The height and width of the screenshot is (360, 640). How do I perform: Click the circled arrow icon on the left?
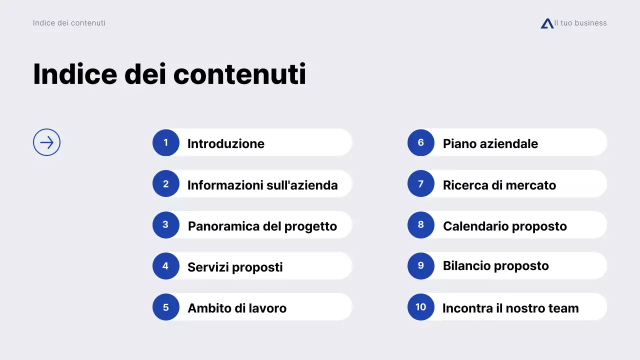[x=46, y=142]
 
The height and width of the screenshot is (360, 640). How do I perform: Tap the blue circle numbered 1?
[x=166, y=142]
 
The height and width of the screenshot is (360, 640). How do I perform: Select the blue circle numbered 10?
[x=421, y=307]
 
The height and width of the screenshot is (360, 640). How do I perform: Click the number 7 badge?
[x=421, y=184]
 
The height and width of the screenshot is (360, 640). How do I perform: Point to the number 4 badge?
[x=166, y=266]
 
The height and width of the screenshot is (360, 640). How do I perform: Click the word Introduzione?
[x=226, y=144]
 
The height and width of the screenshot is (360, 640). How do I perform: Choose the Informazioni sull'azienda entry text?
[x=262, y=185]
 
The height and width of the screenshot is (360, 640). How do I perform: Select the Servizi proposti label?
[x=235, y=267]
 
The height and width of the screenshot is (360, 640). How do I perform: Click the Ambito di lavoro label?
[x=237, y=308]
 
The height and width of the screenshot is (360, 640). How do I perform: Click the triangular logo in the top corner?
[x=547, y=23]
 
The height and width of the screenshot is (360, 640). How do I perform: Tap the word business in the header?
[x=590, y=23]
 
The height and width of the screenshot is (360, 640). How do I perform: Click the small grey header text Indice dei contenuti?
[x=69, y=23]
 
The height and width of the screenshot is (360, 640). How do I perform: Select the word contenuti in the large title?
[x=239, y=74]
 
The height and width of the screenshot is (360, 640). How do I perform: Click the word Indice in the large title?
[x=75, y=74]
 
